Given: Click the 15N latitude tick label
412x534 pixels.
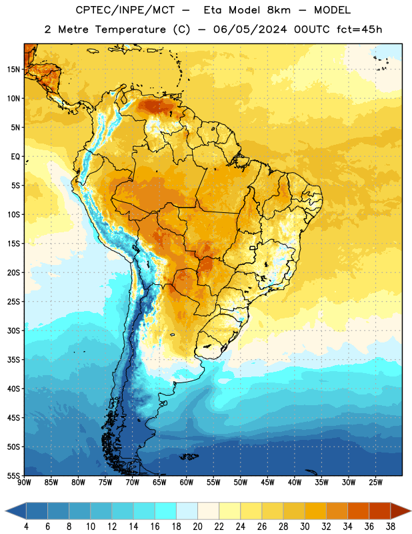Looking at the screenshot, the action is (13, 69).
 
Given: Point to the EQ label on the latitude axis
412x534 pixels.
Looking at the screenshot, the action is (15, 157).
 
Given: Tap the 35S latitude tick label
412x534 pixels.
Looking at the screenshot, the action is (13, 360).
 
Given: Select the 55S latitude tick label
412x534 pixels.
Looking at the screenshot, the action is (13, 475).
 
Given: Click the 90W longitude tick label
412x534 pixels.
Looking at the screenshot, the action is (24, 483).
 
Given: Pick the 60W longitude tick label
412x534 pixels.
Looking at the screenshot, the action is (187, 483).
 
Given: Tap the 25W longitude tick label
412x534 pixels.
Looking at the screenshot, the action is (375, 483).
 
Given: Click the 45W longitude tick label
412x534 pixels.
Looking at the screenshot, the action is (267, 483).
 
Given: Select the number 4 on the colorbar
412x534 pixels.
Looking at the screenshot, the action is (26, 527).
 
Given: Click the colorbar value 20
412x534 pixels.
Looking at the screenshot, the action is (197, 527).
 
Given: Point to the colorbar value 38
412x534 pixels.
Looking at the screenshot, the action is (391, 527).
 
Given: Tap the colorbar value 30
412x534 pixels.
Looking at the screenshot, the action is (305, 527).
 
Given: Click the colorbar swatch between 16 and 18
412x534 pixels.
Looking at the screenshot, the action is (166, 511).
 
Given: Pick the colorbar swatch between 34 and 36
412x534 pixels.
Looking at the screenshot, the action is (359, 511).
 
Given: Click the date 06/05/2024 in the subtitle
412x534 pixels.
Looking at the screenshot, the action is (250, 29).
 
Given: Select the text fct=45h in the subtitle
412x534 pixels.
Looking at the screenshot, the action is (359, 29).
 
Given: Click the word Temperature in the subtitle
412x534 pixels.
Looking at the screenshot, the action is (131, 29).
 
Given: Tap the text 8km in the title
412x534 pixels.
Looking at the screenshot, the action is (279, 10).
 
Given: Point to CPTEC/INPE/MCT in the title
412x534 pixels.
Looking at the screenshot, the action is (125, 10).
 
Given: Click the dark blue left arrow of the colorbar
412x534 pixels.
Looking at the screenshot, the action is (15, 511).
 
